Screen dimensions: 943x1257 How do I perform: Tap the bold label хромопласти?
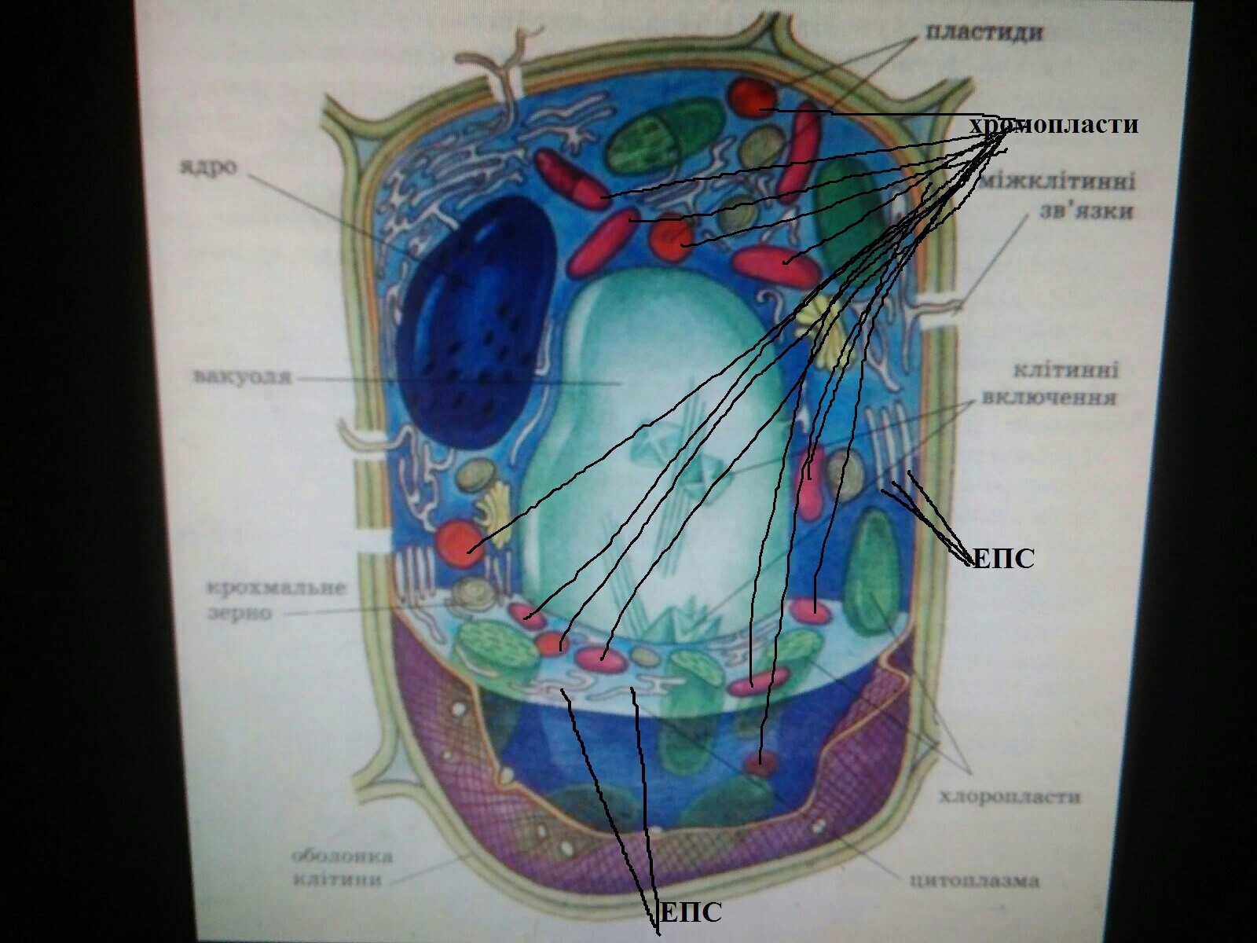coord(1053,126)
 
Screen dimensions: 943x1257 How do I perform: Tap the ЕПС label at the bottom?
coord(688,913)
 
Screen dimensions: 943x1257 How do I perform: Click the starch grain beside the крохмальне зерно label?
coord(475,594)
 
